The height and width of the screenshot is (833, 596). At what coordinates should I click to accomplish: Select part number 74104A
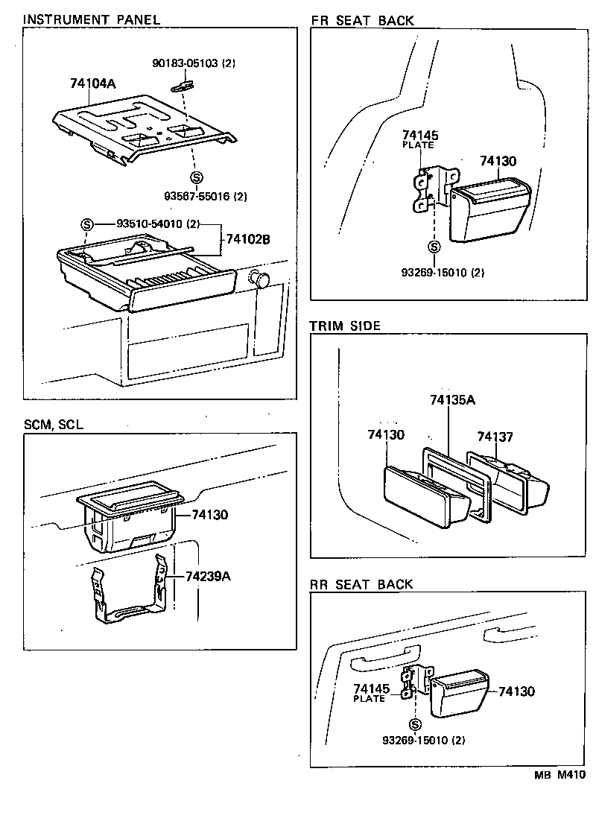[x=92, y=85]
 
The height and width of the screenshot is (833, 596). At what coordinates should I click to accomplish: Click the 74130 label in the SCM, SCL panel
[x=209, y=514]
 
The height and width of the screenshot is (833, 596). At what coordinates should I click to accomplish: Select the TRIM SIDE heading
[x=345, y=326]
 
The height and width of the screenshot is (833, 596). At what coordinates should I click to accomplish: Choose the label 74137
[x=495, y=437]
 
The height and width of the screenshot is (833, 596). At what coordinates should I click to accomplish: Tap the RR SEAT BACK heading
[x=361, y=584]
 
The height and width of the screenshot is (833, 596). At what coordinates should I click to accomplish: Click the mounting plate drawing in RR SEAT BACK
[x=410, y=682]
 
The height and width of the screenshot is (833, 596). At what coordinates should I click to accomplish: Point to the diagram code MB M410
[x=559, y=775]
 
